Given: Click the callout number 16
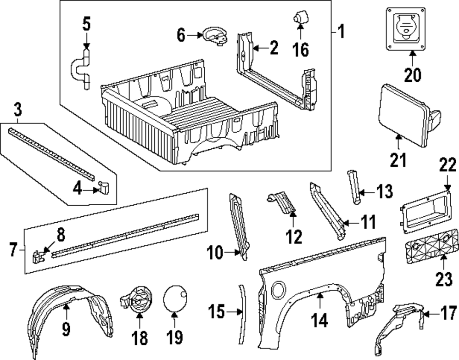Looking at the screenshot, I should pos(301,50).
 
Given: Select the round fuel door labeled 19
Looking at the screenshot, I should pos(176,298).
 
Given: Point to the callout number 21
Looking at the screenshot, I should pos(398,160).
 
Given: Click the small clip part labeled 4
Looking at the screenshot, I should pos(103,187).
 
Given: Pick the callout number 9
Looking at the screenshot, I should pos(66,329).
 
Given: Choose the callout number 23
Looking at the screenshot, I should pos(444,279).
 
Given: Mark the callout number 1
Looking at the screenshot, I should pos(341,32).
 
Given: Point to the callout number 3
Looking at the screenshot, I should pos(17,110).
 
